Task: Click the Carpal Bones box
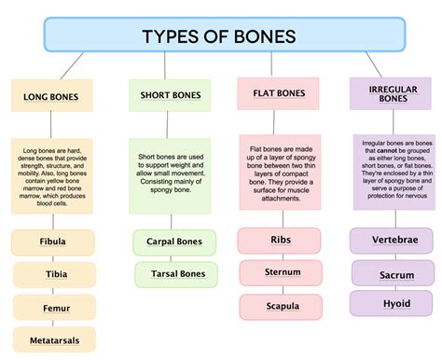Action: pyautogui.click(x=169, y=242)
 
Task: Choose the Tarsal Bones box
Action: pyautogui.click(x=169, y=273)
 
